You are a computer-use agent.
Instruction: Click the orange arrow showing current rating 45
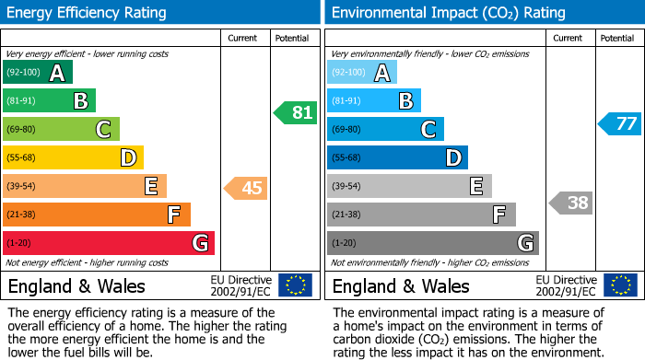tap(246, 188)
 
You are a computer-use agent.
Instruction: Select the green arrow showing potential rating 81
tap(295, 113)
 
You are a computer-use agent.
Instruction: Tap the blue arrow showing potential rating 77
tap(620, 123)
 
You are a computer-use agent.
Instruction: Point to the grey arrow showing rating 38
tap(570, 203)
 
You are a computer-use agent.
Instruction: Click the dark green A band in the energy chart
tap(38, 73)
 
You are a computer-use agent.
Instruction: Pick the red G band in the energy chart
tap(109, 243)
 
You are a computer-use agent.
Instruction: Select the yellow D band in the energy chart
tap(73, 158)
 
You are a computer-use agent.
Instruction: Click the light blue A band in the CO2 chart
tap(362, 73)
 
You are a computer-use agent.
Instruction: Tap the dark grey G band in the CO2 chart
tap(432, 243)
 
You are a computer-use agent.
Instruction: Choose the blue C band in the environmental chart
tap(385, 130)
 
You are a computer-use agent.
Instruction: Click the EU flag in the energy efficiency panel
tap(295, 285)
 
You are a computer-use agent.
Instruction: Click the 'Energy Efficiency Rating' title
tap(88, 13)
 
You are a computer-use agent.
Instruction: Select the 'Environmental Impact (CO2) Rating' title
tap(448, 13)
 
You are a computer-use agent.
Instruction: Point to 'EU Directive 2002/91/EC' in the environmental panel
tap(567, 285)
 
